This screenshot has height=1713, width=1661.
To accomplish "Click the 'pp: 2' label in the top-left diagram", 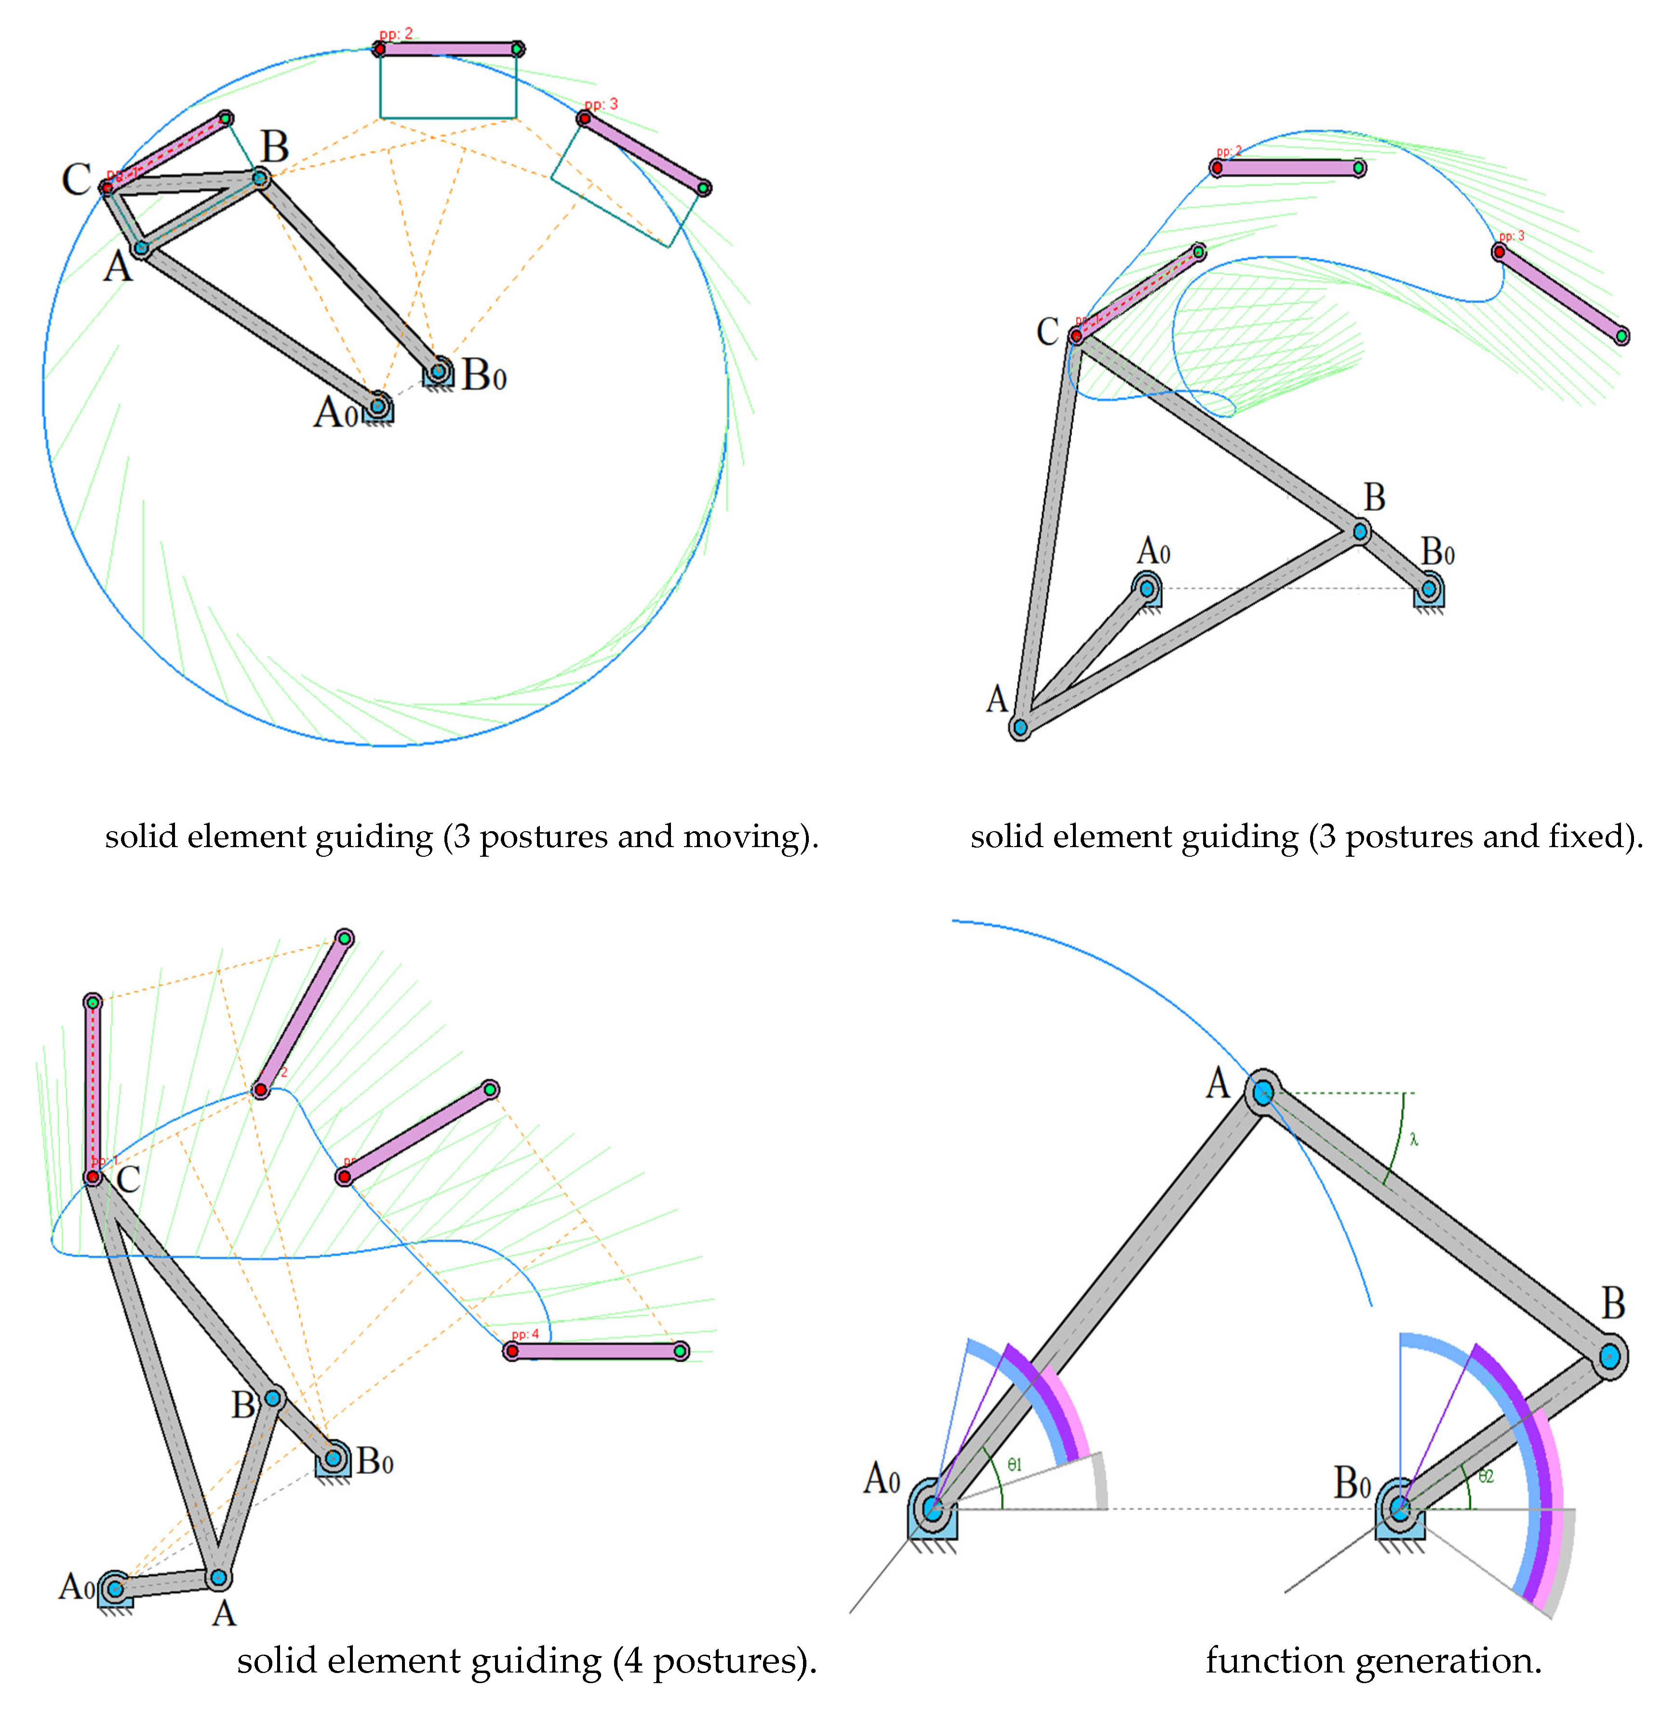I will (x=396, y=34).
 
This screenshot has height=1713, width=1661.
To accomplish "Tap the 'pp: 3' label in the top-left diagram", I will (x=601, y=104).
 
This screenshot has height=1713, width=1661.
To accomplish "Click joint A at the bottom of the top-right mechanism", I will (x=1019, y=726).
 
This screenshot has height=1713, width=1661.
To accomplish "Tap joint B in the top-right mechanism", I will (x=1360, y=530).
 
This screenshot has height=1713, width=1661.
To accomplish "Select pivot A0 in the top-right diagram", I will (x=1147, y=588).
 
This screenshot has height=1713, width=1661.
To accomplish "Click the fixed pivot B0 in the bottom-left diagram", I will (x=333, y=1458).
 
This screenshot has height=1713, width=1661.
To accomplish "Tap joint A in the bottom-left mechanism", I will (x=218, y=1578).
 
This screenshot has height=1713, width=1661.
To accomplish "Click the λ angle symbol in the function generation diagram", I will (x=1414, y=1139).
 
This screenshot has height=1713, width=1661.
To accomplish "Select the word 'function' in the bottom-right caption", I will (x=1274, y=1659).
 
